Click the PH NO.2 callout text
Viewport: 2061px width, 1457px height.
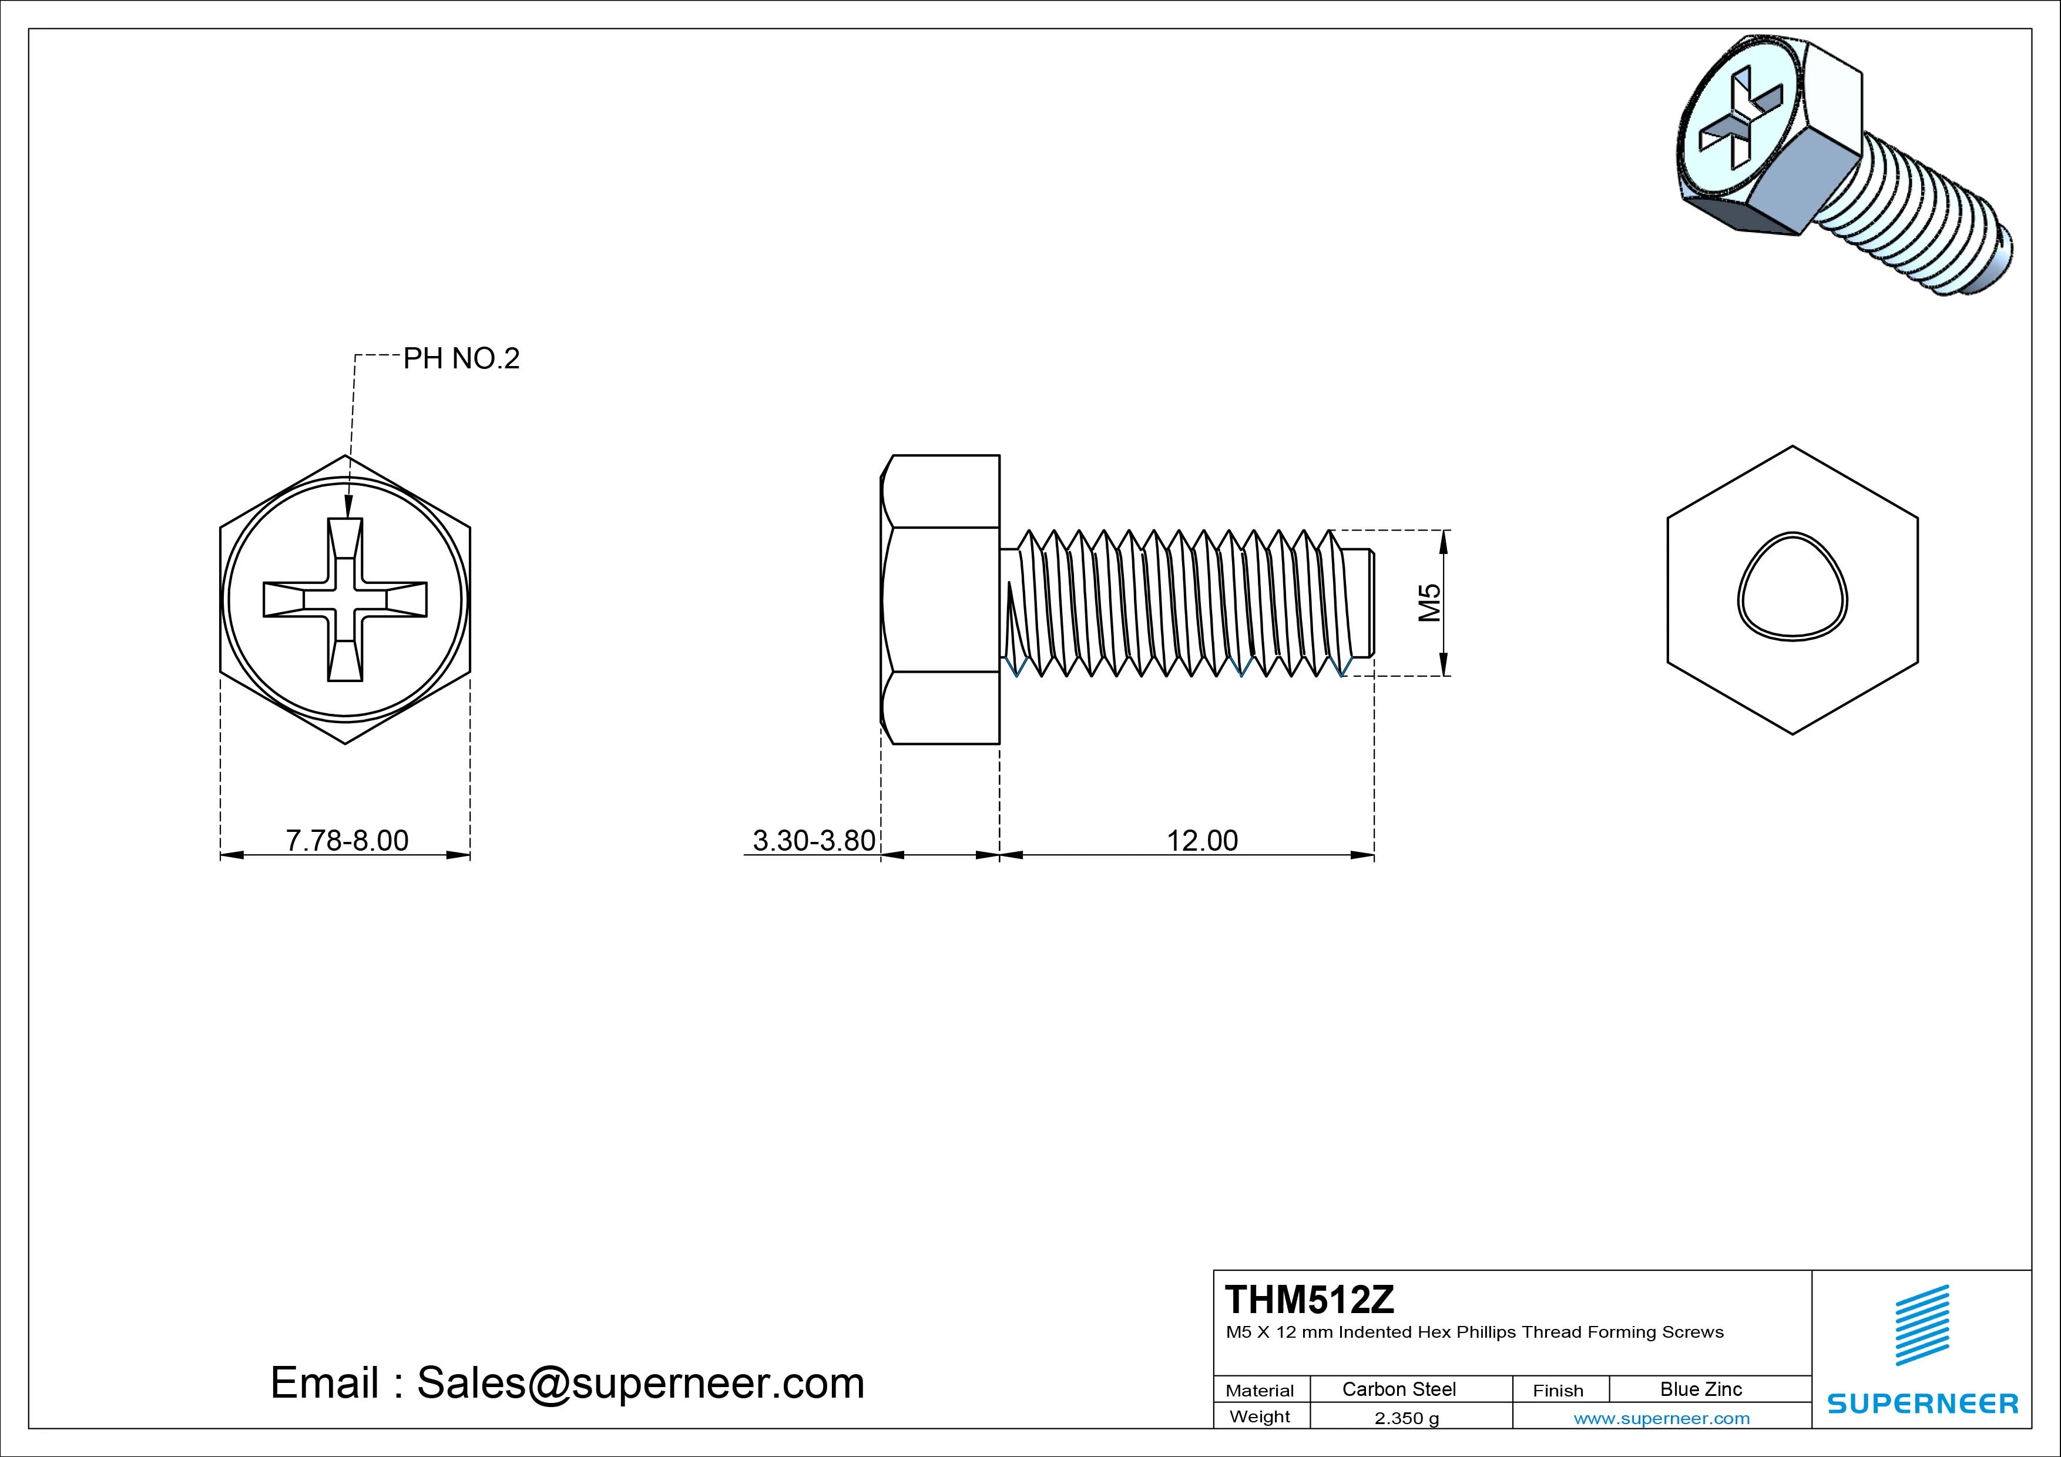(x=461, y=358)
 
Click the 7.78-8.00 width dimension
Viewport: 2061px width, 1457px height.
(x=347, y=840)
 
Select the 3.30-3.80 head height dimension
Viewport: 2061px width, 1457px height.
(x=813, y=840)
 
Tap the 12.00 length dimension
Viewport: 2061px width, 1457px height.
(x=1202, y=840)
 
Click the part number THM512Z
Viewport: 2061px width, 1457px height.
(x=1310, y=1299)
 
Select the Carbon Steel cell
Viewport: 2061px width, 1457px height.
(x=1398, y=1389)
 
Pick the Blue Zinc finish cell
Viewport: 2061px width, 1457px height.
(x=1700, y=1389)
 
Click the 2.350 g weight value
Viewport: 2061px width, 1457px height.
(x=1407, y=1418)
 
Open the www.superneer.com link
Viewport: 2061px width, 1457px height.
(x=1661, y=1418)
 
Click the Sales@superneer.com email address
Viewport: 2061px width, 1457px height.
(x=640, y=1382)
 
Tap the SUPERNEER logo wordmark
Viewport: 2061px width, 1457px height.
(x=1922, y=1403)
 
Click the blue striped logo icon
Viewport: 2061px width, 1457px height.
(x=1922, y=1325)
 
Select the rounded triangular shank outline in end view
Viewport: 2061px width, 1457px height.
(x=1792, y=586)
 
